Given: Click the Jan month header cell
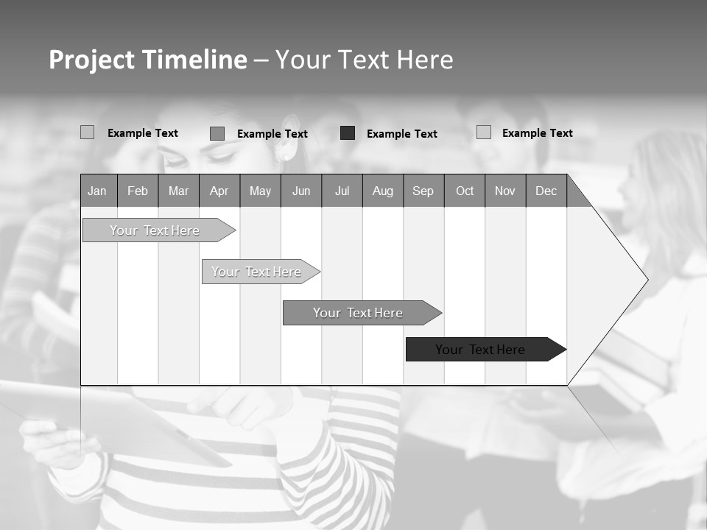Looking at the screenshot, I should coord(98,191).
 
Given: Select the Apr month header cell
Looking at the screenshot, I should coord(219,191).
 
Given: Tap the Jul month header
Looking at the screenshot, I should coord(342,191).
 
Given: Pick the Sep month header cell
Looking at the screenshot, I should coord(423,191).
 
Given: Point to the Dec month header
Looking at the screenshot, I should coord(546,191).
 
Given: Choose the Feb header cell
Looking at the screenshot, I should coord(138,191).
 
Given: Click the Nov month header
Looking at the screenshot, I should coord(505,191).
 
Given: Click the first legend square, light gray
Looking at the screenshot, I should coord(88,132).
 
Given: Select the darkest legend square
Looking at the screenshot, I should coord(348,133).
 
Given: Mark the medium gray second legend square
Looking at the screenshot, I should coord(217,133).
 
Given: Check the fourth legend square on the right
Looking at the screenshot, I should coord(484,132).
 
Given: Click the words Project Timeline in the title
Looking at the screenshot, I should coord(148,60).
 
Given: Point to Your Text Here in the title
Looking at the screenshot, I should coord(365,60).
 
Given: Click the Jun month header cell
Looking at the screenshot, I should coord(301,191).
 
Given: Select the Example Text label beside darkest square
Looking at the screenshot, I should coord(402,134).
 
